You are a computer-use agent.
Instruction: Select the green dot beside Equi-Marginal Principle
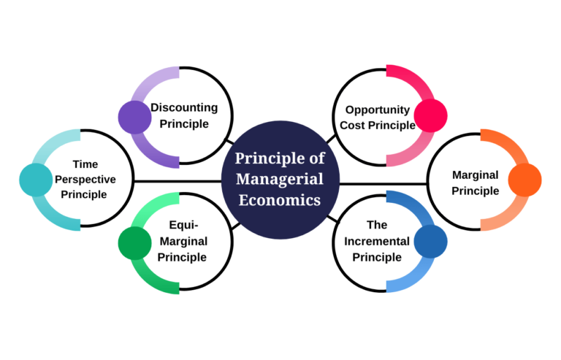click(134, 243)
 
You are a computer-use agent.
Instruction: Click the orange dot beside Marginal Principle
click(524, 180)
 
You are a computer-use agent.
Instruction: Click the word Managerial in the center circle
click(280, 180)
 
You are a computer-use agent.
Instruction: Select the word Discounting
click(184, 107)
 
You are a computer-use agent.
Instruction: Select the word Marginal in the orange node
click(475, 175)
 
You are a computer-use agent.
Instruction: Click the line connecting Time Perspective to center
click(178, 180)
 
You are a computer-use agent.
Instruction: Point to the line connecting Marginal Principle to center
click(383, 183)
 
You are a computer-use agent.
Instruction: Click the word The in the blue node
click(377, 225)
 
